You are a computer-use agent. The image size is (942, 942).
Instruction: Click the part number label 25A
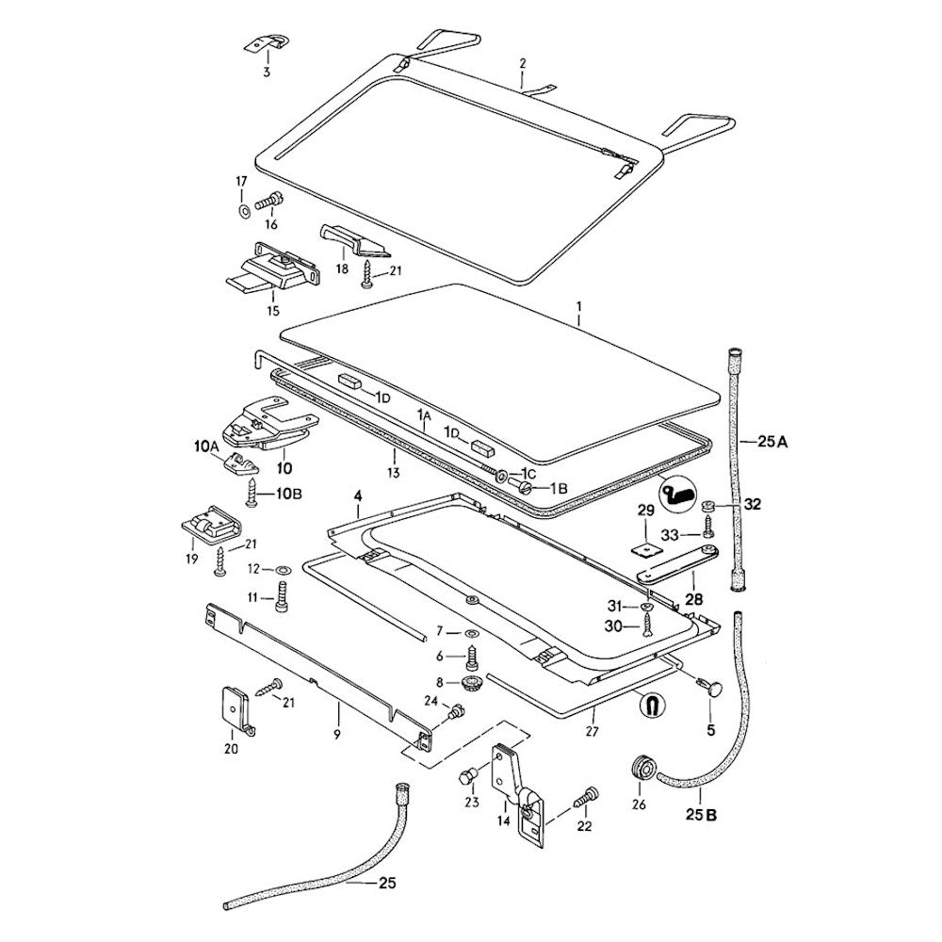point(768,441)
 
